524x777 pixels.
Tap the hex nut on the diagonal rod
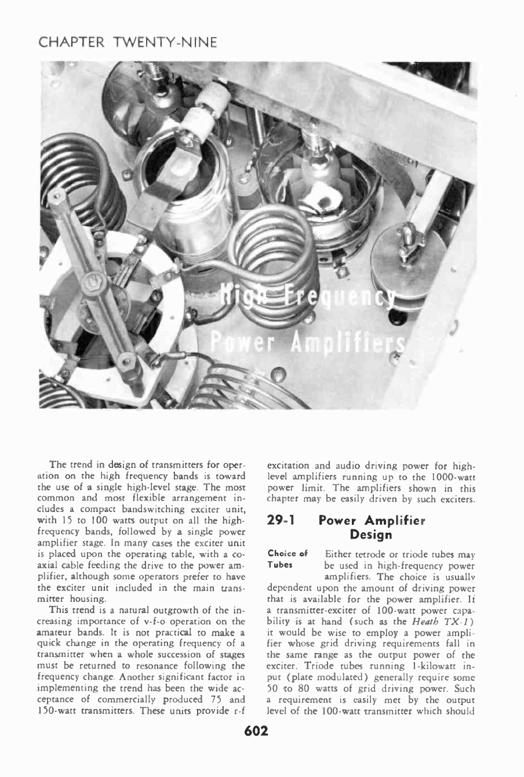coord(91,284)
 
